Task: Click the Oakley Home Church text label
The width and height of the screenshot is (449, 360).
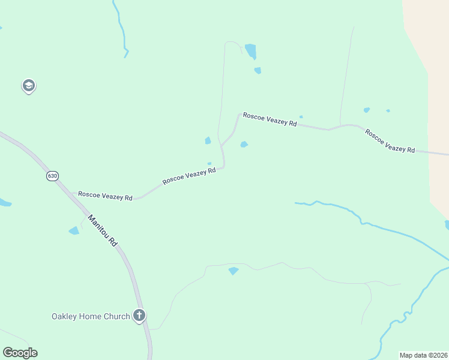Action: tap(91, 316)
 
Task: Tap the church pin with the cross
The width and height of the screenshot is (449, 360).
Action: tap(139, 316)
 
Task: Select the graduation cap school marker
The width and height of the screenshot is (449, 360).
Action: tap(28, 86)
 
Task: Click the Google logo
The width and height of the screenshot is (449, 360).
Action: tap(20, 353)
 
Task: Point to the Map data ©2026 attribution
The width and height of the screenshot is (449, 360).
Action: tap(423, 355)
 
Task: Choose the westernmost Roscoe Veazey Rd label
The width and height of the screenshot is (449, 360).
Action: tap(105, 196)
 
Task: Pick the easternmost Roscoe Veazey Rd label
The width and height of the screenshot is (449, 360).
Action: tap(390, 141)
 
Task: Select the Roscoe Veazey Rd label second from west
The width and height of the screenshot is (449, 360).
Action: tap(188, 176)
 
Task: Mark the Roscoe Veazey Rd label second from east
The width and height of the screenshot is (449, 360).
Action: tap(270, 119)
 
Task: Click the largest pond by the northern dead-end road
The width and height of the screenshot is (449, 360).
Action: tap(250, 50)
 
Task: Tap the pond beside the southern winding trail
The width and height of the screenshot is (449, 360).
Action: tap(234, 271)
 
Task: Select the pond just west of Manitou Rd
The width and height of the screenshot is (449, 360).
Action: tap(74, 230)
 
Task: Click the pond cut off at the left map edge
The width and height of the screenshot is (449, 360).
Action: tap(4, 203)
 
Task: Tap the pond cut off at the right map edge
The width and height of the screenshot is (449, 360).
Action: tap(447, 225)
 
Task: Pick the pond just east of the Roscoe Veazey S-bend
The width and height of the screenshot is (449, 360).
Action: tap(244, 144)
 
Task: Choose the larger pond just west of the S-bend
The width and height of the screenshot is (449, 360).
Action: tap(208, 140)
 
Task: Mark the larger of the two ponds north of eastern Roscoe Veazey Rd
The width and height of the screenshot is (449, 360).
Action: tap(366, 110)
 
